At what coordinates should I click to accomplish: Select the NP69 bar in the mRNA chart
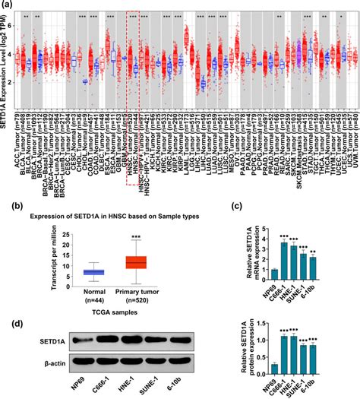tap(273, 274)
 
